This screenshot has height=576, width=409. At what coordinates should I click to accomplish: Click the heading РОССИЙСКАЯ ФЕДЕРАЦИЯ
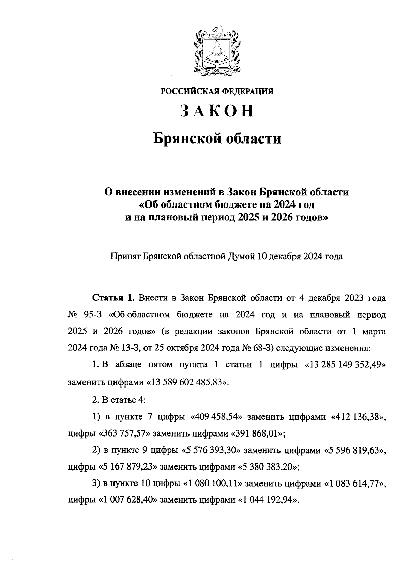[x=217, y=92]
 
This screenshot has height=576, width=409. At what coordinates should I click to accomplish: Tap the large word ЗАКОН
[x=217, y=111]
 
